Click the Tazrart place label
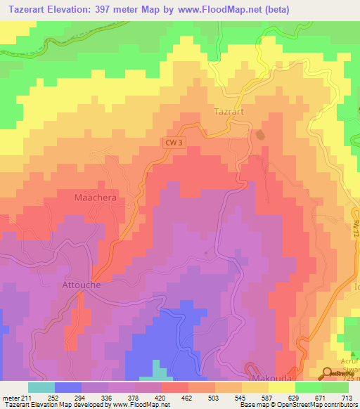coord(228,112)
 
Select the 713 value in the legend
coord(347,398)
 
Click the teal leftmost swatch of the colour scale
coord(41,387)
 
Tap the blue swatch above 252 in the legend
coord(68,387)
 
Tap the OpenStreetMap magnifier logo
coord(328,372)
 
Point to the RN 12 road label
coord(337,225)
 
